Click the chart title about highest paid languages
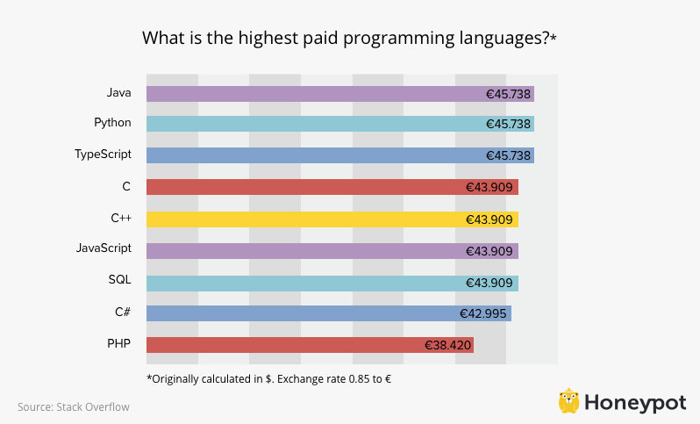[349, 39]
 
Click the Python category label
[112, 123]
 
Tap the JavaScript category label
[104, 248]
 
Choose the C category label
[126, 186]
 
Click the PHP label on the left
[119, 343]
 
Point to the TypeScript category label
[103, 155]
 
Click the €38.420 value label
[447, 345]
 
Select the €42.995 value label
[483, 313]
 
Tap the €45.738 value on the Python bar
[508, 125]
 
